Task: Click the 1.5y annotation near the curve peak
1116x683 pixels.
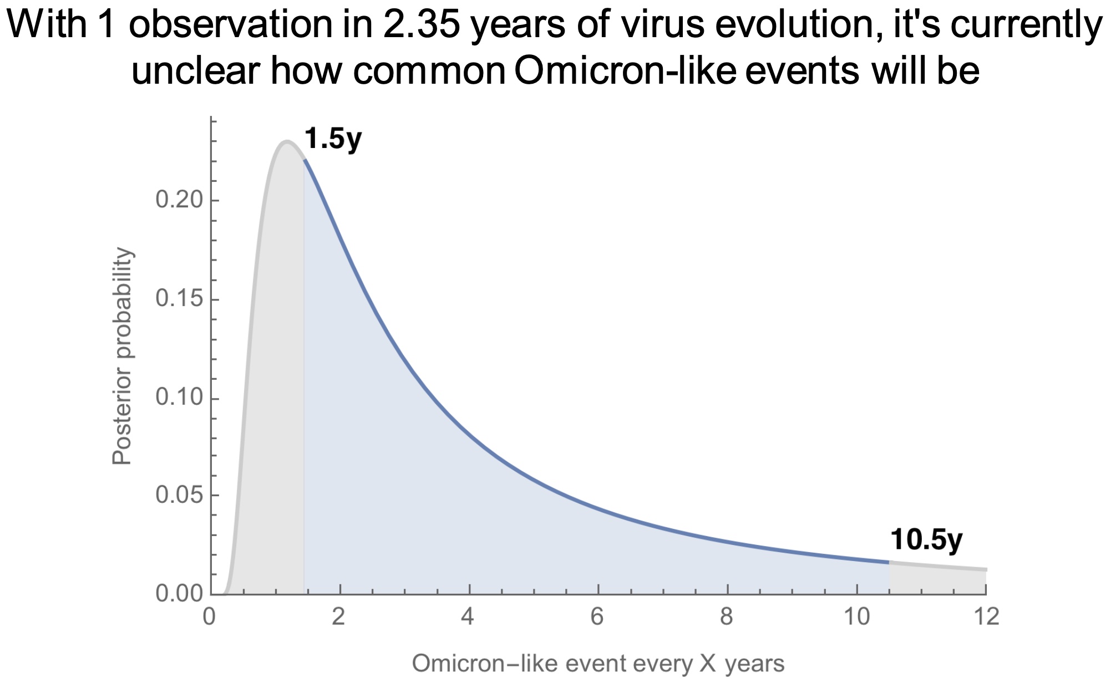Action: tap(333, 139)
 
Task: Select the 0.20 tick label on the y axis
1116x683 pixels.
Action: tap(179, 200)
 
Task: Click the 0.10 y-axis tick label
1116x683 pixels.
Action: tap(179, 397)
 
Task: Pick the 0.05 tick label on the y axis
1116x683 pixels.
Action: tap(179, 495)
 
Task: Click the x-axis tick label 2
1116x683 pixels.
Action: tap(339, 616)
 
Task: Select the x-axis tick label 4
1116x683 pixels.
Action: tap(469, 616)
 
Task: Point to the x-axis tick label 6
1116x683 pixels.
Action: tap(598, 616)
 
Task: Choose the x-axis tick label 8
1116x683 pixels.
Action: tap(727, 616)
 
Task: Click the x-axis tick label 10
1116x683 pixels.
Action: tap(857, 616)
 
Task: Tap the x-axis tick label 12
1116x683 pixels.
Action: tap(986, 616)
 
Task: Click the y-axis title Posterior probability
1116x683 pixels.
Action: tap(122, 356)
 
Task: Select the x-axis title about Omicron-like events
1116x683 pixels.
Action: tap(598, 663)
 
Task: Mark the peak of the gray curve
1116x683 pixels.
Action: tap(286, 142)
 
